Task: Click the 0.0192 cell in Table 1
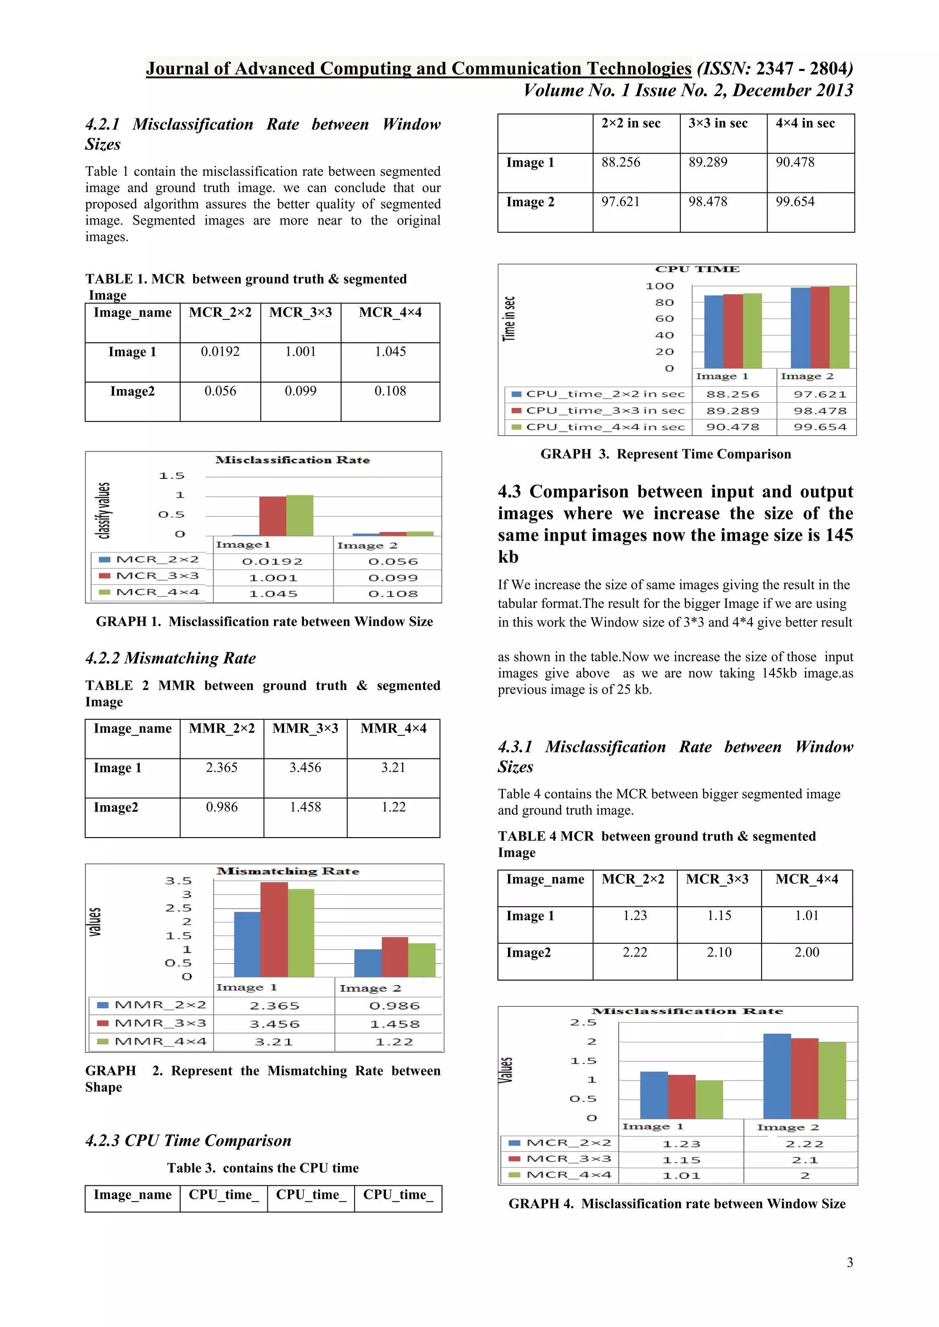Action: tap(220, 351)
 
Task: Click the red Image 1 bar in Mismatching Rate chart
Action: tap(274, 930)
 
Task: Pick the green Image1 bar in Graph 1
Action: tap(299, 515)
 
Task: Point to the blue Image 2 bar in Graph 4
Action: tap(777, 1076)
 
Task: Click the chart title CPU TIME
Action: tap(697, 269)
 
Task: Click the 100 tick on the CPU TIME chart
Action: tap(660, 286)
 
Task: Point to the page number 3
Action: tap(850, 1262)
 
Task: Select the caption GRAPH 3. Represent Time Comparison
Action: tap(666, 454)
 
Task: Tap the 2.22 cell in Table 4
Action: tap(634, 953)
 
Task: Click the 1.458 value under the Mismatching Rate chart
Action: tap(394, 1024)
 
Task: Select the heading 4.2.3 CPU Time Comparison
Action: tap(188, 1141)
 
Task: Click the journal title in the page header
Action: tap(418, 69)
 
